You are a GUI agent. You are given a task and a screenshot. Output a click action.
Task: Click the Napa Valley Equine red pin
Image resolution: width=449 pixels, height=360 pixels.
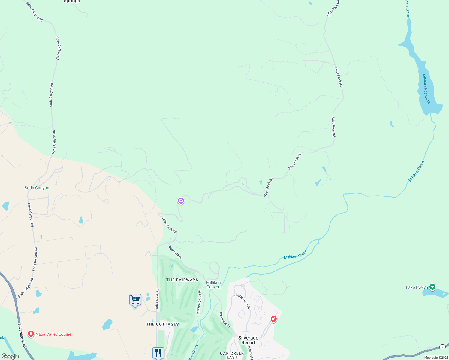[x=31, y=334]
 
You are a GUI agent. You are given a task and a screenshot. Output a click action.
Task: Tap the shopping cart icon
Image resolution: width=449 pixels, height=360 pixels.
[x=135, y=300]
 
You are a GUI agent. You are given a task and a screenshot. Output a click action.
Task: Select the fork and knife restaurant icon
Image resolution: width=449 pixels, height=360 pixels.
[x=158, y=353]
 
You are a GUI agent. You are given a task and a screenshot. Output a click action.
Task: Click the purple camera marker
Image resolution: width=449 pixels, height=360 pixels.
[x=181, y=201]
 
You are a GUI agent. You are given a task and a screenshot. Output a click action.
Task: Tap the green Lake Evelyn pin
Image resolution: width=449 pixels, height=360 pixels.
[x=432, y=287]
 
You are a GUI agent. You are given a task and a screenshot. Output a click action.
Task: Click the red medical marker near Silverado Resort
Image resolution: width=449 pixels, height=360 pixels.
[x=273, y=319]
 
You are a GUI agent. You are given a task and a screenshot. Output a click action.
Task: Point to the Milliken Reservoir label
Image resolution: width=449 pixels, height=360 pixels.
[x=426, y=89]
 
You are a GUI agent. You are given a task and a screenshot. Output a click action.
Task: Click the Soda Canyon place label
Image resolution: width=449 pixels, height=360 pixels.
[x=37, y=188]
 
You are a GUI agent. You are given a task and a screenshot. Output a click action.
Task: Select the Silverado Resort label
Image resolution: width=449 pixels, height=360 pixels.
[x=248, y=340]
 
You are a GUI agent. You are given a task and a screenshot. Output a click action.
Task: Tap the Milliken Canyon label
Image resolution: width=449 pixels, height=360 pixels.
[x=213, y=285]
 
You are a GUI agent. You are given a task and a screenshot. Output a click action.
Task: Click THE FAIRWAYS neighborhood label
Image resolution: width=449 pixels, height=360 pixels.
[x=182, y=280]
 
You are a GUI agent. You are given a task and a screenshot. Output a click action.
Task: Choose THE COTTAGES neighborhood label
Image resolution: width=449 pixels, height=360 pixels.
[x=162, y=324]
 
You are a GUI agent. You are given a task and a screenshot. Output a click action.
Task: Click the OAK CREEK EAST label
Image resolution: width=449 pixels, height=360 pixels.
[x=232, y=355]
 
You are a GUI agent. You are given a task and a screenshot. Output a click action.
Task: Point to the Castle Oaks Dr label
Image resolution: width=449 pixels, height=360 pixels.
[x=242, y=301]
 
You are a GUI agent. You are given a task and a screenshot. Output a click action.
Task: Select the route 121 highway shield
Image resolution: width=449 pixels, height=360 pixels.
[x=442, y=347]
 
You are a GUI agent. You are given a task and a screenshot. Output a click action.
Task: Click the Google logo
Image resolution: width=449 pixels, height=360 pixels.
[x=10, y=356]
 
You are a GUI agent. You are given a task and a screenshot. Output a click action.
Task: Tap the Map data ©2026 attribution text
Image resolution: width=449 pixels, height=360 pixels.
[x=436, y=358]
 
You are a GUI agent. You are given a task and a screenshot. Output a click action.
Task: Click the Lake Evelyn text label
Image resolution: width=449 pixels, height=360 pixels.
[x=417, y=287]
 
